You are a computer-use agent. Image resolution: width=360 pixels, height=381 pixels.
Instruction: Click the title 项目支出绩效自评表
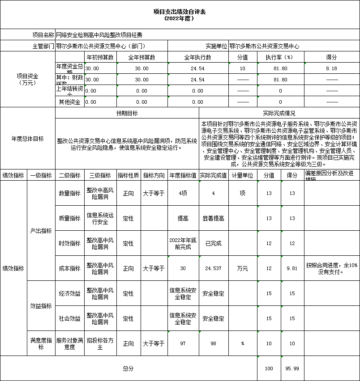pyautogui.click(x=180, y=12)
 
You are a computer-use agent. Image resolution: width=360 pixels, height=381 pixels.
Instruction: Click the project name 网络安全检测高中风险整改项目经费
pyautogui.click(x=99, y=34)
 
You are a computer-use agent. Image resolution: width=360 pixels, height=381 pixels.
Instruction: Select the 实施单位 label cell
pyautogui.click(x=216, y=46)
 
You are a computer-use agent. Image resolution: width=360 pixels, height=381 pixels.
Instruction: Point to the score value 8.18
pyautogui.click(x=331, y=68)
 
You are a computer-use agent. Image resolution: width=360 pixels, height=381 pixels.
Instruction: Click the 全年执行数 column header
pyautogui.click(x=197, y=57)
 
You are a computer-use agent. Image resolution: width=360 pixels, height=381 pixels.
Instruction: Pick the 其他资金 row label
pyautogui.click(x=69, y=102)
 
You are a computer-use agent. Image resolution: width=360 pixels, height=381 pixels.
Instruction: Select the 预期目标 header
pyautogui.click(x=127, y=114)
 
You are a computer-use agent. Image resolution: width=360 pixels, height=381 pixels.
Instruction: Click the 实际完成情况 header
pyautogui.click(x=279, y=114)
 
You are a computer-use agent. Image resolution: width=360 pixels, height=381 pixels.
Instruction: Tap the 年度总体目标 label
pyautogui.click(x=27, y=139)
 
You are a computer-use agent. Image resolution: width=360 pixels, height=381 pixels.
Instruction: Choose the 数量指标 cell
pyautogui.click(x=69, y=193)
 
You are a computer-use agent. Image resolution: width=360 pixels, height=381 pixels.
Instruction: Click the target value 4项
pyautogui.click(x=183, y=193)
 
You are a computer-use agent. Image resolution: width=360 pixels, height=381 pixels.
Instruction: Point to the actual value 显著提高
pyautogui.click(x=213, y=218)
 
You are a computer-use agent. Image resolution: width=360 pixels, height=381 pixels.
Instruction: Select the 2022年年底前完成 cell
pyautogui.click(x=183, y=243)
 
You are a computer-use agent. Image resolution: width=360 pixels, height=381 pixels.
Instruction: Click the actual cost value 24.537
pyautogui.click(x=213, y=268)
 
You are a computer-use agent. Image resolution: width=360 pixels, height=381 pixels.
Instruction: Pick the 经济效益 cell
pyautogui.click(x=69, y=294)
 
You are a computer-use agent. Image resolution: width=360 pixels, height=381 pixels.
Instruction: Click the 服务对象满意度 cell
pyautogui.click(x=69, y=343)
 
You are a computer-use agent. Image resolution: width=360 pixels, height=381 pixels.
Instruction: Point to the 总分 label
pyautogui.click(x=129, y=368)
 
